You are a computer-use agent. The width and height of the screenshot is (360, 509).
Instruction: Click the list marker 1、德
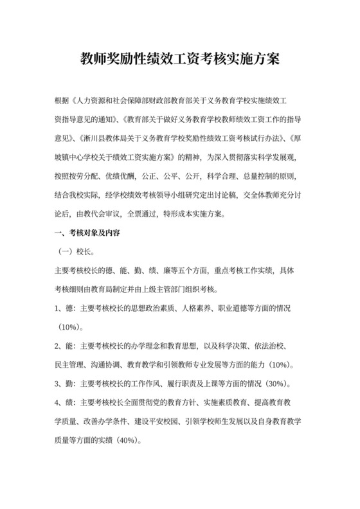tap(65, 309)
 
